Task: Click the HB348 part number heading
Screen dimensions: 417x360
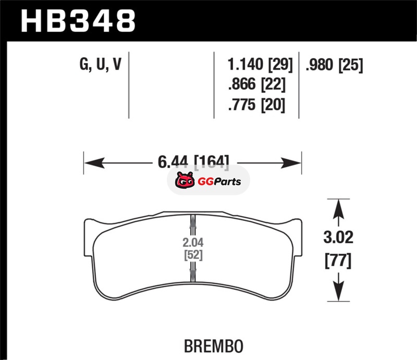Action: [x=78, y=21]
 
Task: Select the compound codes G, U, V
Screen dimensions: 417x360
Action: [x=101, y=64]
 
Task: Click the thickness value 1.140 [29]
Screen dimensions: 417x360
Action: [x=260, y=65]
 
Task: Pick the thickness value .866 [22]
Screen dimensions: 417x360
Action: [x=256, y=84]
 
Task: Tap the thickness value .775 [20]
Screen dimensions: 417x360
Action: [x=256, y=105]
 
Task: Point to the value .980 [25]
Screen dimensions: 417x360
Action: [x=334, y=65]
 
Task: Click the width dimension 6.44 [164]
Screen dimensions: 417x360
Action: [x=193, y=162]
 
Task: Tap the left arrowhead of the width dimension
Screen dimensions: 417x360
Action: [x=94, y=163]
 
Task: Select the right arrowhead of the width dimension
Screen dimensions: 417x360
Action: [x=291, y=163]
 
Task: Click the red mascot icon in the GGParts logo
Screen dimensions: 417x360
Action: [x=185, y=181]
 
